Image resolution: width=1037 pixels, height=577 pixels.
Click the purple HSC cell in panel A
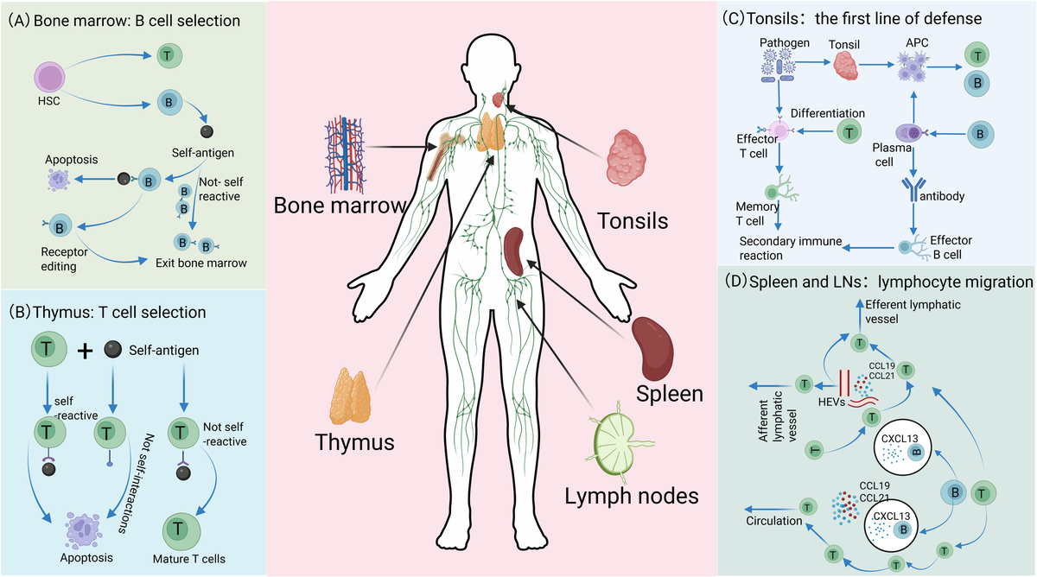57,82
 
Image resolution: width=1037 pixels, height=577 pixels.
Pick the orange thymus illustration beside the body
352,400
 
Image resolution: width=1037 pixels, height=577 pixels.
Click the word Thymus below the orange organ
353,443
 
